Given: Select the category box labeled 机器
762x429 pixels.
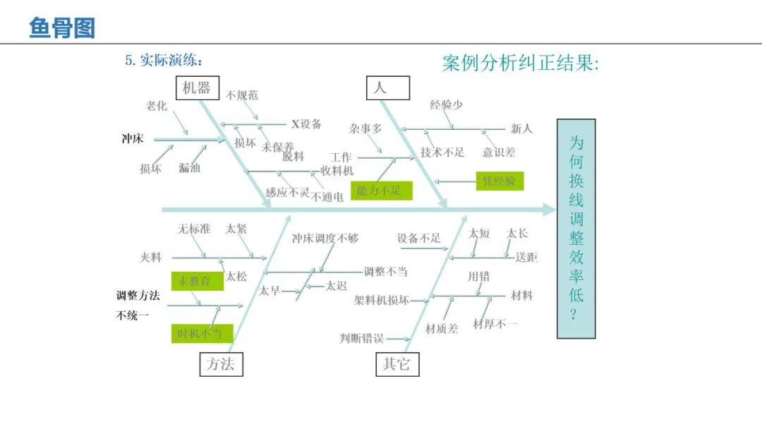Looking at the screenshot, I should pos(197,87).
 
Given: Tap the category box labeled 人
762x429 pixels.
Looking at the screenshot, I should pos(387,87).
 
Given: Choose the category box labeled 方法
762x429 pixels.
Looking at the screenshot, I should pos(221,364).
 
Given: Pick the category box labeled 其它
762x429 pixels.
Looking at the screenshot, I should pos(397,364).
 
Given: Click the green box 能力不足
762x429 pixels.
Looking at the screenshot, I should pos(381,190).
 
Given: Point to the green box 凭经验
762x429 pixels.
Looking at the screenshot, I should pos(500,181).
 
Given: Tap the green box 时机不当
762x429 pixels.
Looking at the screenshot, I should pos(200,333).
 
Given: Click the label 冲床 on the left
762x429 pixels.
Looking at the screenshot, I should pos(133,139).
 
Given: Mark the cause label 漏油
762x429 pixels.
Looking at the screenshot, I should pos(189,168).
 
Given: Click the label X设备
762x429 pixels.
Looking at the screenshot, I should pos(306,124).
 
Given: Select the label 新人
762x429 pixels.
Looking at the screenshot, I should pos(522,129).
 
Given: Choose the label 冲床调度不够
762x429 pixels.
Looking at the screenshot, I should pos(325,238).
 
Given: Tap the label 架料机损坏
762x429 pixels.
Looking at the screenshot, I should pos(382,300).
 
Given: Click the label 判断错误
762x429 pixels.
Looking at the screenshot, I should pos(361,339).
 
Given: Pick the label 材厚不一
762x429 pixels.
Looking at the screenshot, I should pos(495,324).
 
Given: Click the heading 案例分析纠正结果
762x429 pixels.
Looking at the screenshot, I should pos(521,64).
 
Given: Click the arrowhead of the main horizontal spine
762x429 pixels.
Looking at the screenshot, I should pos(550,210).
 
